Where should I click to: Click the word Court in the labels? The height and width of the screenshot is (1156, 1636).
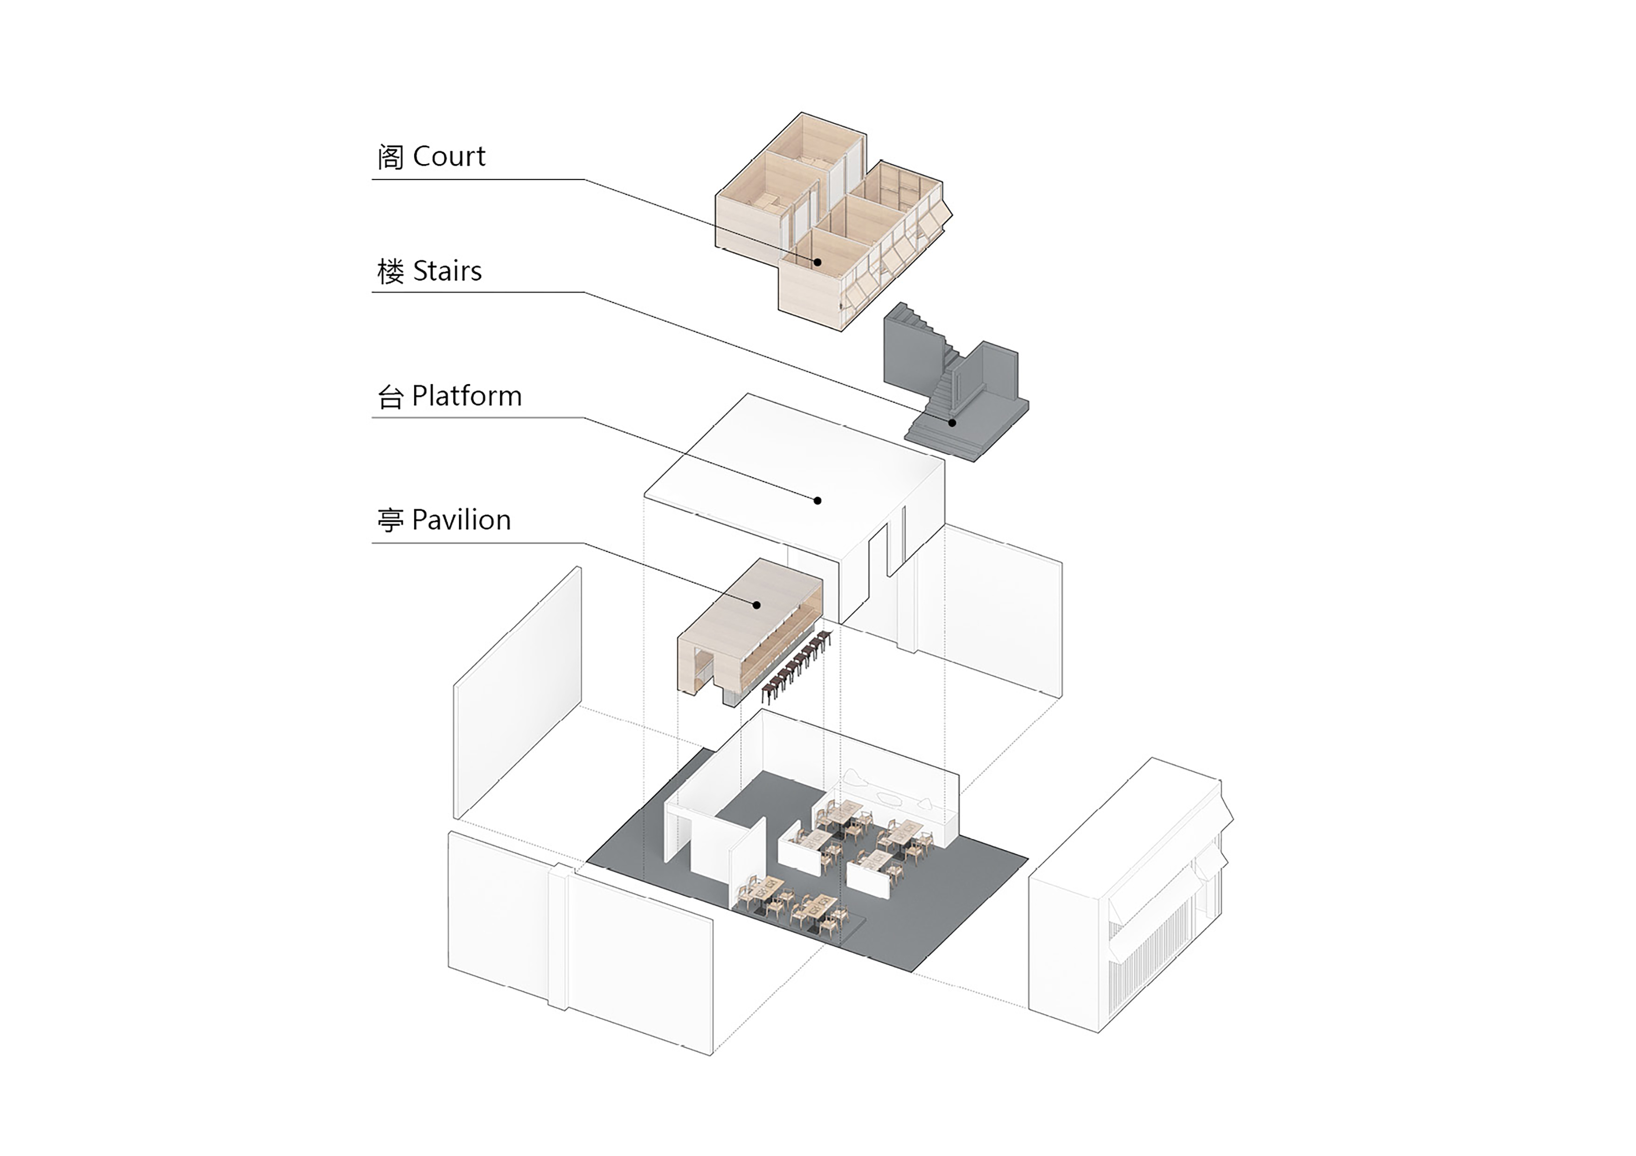point(449,157)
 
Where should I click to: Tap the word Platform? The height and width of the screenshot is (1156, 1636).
point(467,396)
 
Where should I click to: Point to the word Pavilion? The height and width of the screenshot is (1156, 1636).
point(461,520)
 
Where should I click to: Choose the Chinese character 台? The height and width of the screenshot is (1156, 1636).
point(390,397)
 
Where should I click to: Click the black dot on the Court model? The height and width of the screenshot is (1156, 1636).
point(818,262)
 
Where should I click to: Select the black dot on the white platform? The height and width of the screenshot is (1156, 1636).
point(818,501)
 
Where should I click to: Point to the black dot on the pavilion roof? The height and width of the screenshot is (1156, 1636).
point(757,605)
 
